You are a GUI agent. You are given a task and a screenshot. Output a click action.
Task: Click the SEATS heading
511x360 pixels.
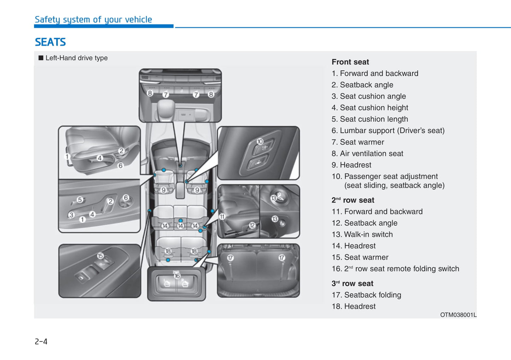point(50,42)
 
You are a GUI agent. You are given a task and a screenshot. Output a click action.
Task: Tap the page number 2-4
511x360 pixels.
point(41,341)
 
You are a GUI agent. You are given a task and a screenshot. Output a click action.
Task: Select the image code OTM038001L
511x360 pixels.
point(458,315)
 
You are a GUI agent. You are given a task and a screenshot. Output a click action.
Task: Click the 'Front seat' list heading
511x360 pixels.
point(350,62)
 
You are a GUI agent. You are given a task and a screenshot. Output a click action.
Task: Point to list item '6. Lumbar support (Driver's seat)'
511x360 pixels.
point(388,130)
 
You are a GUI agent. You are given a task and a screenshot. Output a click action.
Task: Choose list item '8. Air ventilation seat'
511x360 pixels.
point(367,153)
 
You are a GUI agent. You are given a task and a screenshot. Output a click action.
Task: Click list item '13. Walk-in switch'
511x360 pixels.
point(362,234)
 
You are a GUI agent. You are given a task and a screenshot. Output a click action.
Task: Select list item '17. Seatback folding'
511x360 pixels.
point(366,295)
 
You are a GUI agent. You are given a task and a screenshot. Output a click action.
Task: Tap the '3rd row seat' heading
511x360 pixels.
point(352,283)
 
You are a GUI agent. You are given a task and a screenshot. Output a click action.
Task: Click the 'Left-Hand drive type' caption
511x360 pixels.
point(76,58)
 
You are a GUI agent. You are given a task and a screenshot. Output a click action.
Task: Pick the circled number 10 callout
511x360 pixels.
point(260,141)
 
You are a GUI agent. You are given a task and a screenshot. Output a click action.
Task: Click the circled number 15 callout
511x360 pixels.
point(100,256)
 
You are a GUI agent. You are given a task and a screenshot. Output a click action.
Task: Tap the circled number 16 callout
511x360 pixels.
point(177,276)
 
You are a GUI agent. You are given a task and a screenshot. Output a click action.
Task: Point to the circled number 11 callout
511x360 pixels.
point(222,217)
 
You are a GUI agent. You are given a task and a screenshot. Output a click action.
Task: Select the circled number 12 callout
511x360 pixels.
point(252,225)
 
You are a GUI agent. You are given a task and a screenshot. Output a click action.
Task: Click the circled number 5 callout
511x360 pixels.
point(80,200)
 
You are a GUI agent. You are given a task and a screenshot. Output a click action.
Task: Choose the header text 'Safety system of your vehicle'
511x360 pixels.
point(93,19)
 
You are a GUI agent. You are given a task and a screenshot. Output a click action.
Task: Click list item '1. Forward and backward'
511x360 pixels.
point(375,73)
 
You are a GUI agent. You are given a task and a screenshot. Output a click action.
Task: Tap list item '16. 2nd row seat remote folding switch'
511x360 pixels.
point(395,268)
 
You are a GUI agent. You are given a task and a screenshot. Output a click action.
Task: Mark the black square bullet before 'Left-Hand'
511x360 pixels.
point(41,58)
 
